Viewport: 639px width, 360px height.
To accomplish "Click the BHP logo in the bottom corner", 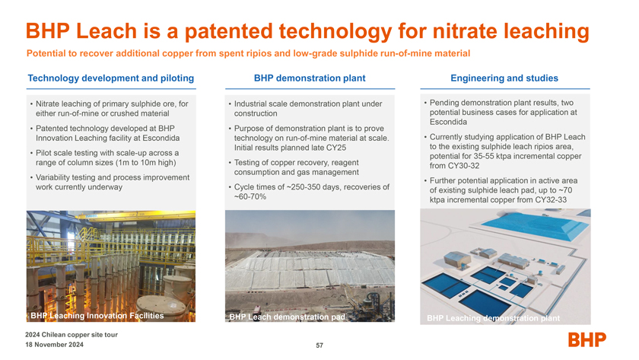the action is pyautogui.click(x=587, y=339).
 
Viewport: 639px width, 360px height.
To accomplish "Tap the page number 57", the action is pyautogui.click(x=319, y=346).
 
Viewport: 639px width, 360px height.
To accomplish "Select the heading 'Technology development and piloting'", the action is pyautogui.click(x=111, y=78).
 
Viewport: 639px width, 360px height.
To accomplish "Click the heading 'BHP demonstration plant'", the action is pyautogui.click(x=310, y=78).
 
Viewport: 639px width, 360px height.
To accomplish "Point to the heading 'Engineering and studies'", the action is pyautogui.click(x=504, y=78).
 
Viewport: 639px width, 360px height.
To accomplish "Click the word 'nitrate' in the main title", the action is pyautogui.click(x=459, y=31).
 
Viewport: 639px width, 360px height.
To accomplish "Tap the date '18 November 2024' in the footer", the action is pyautogui.click(x=54, y=345).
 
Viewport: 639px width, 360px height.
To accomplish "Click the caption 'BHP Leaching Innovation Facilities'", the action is pyautogui.click(x=97, y=316).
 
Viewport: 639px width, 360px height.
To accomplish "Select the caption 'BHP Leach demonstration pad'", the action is pyautogui.click(x=287, y=317).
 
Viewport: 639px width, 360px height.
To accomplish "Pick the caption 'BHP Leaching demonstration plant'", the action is pyautogui.click(x=493, y=318).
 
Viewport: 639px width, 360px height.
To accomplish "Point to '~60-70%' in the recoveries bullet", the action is pyautogui.click(x=250, y=196).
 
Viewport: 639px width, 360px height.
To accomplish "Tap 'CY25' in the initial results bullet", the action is pyautogui.click(x=336, y=148).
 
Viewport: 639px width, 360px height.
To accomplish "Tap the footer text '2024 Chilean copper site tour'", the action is pyautogui.click(x=72, y=335).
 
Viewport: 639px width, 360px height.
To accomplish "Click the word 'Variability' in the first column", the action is pyautogui.click(x=52, y=177).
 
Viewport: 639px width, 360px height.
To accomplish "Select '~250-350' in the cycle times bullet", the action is pyautogui.click(x=305, y=187).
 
